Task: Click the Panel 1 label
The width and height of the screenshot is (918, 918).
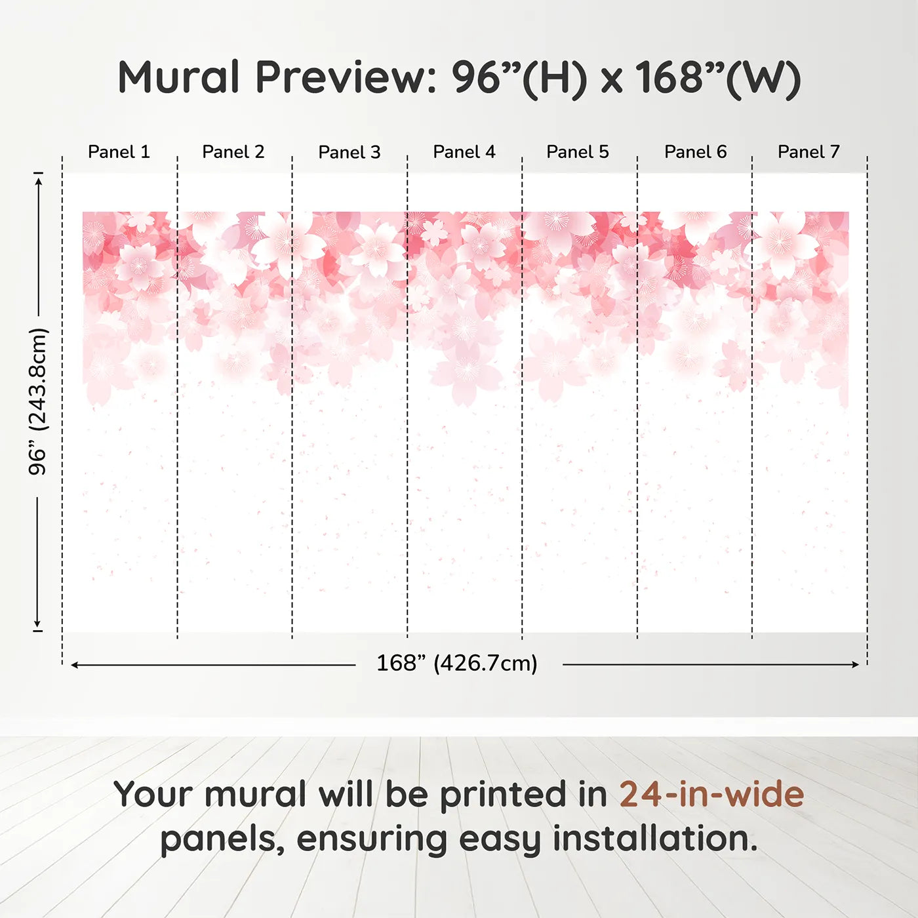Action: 119,152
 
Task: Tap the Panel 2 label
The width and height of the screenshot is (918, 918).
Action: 233,152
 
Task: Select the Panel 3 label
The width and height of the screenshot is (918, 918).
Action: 349,152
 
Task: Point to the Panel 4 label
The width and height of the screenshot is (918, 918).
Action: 464,152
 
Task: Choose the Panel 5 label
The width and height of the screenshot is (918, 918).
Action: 578,152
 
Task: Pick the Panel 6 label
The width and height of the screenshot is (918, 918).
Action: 696,152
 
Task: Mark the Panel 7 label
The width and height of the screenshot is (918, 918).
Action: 808,152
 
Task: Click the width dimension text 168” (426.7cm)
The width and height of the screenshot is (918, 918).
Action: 457,664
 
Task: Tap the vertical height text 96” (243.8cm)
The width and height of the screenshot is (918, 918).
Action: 37,401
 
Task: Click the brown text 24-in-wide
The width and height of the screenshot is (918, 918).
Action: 711,794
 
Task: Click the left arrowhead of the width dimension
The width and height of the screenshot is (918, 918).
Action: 74,665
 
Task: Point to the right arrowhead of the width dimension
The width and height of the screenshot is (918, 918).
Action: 856,664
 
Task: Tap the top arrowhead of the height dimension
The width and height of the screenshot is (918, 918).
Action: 39,180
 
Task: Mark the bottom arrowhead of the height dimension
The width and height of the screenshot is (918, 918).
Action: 37,624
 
